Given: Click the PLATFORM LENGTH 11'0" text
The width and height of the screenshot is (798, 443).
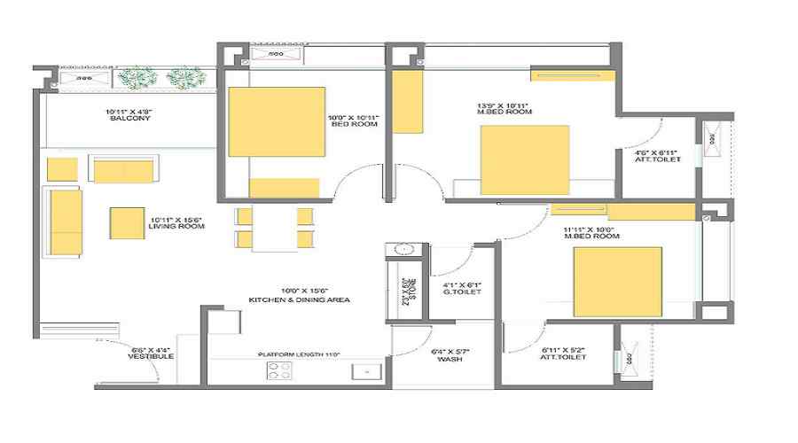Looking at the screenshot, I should pyautogui.click(x=300, y=354).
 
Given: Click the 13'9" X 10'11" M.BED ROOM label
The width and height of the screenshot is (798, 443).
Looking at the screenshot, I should pyautogui.click(x=505, y=108).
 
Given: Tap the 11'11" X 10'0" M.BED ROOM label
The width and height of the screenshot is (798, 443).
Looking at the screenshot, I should pyautogui.click(x=591, y=234).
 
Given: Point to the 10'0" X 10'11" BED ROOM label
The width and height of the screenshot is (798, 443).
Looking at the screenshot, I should pyautogui.click(x=353, y=120).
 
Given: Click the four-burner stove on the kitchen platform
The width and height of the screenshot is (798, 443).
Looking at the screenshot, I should pyautogui.click(x=279, y=371).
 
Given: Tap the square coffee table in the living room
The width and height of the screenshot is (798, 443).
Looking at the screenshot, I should pyautogui.click(x=128, y=223).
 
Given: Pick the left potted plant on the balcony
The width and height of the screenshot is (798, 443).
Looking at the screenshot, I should pyautogui.click(x=137, y=79).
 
